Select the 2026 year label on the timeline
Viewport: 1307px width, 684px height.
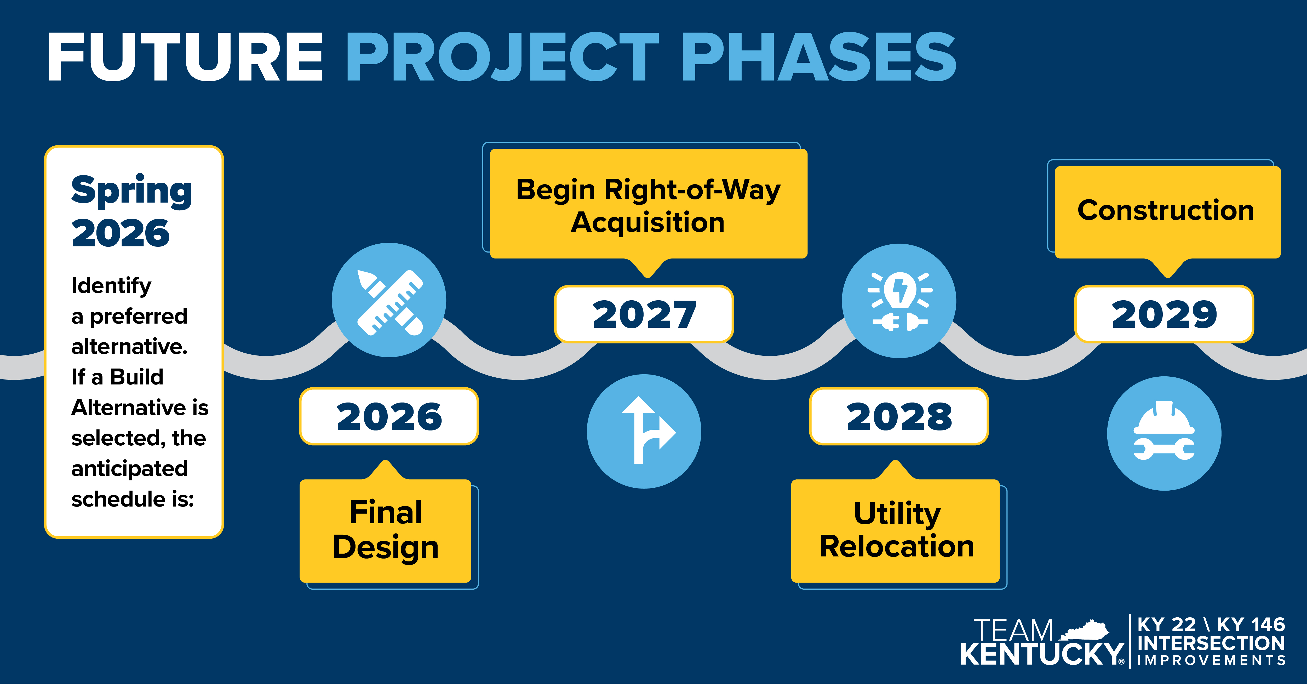(389, 417)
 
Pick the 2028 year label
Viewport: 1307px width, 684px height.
(899, 417)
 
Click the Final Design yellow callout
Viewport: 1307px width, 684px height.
(386, 530)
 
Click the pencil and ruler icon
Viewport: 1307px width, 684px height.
(389, 300)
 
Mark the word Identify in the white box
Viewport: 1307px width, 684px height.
(111, 286)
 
